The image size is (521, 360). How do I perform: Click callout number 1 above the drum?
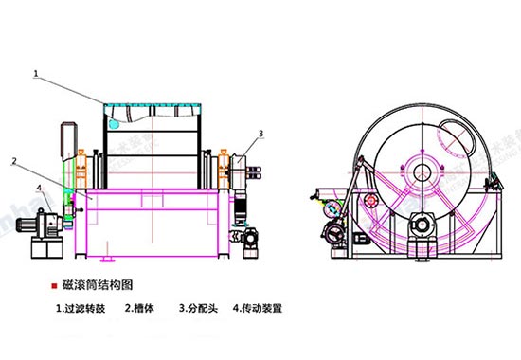coord(35,71)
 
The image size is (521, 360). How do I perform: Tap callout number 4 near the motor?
coord(38,188)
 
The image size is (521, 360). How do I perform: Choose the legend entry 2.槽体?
coord(140,308)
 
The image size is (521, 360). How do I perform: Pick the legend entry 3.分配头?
coord(199,308)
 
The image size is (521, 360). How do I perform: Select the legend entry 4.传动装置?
coord(258,308)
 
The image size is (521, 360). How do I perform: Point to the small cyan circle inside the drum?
coord(114,124)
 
